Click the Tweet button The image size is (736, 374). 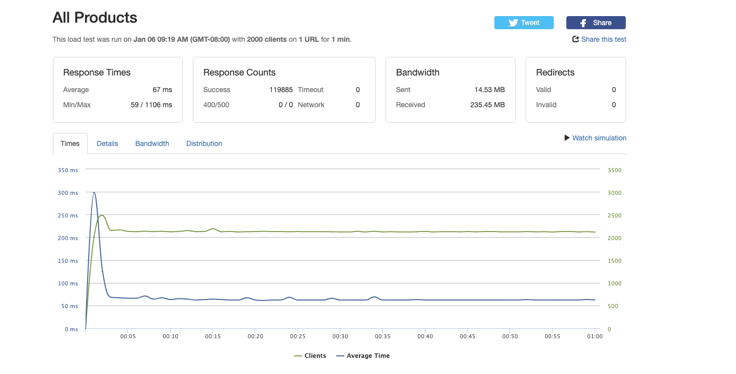tap(524, 23)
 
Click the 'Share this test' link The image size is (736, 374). tap(603, 39)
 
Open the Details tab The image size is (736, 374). tap(107, 143)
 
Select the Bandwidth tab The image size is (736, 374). tap(152, 143)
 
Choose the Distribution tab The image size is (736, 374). tap(204, 143)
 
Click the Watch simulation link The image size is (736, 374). tap(599, 138)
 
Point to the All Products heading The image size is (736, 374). tap(95, 18)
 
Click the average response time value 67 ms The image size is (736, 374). tap(162, 90)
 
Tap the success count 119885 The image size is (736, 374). tap(281, 90)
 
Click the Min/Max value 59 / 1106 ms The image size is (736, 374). tap(151, 105)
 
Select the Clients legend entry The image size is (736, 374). tap(310, 356)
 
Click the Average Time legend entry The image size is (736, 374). tap(363, 356)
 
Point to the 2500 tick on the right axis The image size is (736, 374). tap(614, 215)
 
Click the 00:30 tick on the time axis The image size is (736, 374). tap(340, 336)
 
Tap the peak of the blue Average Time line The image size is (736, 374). tap(94, 192)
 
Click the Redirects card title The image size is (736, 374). tap(555, 72)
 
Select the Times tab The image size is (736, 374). tap(70, 143)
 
